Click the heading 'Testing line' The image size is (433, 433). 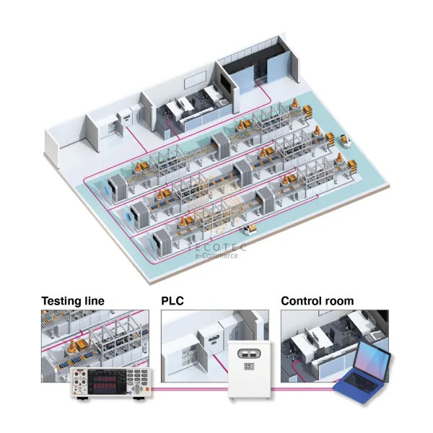click(72, 301)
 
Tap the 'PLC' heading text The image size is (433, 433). click(172, 301)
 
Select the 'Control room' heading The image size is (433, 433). click(317, 301)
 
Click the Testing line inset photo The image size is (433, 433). click(95, 338)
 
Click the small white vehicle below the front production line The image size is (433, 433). click(250, 229)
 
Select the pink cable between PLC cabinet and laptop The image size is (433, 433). click(303, 390)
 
